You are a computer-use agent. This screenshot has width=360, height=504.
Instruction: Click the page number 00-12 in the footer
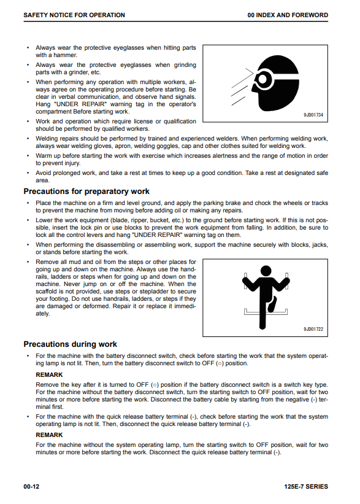pos(31,486)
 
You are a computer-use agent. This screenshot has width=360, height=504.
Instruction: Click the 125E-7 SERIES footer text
pos(306,486)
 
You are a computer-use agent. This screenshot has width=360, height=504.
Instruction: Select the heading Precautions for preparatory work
pos(86,192)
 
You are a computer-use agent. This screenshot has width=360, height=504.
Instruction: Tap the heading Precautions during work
pos(70,344)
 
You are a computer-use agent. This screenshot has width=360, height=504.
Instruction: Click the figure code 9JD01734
pos(313,115)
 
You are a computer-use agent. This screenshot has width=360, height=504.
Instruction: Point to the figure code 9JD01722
pos(313,329)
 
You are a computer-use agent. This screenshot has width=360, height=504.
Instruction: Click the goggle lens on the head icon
pos(262,78)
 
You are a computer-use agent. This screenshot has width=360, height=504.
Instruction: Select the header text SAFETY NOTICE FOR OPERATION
pos(74,15)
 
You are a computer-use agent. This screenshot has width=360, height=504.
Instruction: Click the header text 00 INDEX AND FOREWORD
pos(288,15)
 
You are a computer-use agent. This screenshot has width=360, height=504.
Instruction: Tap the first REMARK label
pos(49,375)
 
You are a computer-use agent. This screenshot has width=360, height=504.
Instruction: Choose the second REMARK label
pos(49,435)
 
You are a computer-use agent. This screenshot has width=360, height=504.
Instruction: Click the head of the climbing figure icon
pos(266,271)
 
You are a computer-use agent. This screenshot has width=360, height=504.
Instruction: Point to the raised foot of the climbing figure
pos(272,304)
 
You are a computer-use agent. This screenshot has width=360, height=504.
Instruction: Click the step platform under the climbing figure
pos(266,313)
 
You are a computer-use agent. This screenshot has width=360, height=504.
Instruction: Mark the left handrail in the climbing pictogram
pos(245,281)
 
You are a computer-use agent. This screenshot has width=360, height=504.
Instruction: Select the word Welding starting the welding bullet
pos(46,139)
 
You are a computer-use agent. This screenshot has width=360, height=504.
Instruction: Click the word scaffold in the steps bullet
pos(46,292)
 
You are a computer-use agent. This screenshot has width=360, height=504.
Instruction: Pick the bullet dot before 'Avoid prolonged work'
pos(28,173)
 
